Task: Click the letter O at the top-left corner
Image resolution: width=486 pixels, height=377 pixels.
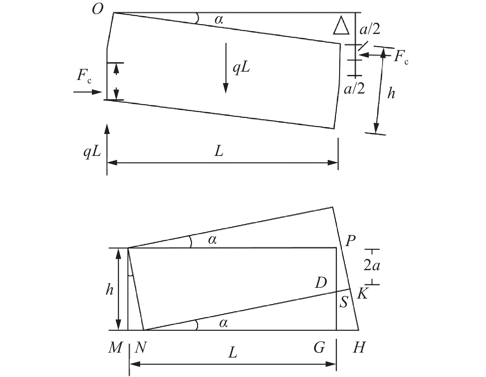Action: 98,10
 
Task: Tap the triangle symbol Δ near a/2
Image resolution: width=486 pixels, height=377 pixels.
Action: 341,26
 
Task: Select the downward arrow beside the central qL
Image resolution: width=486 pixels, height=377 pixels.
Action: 226,68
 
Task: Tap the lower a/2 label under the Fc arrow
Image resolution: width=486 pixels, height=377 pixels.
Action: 355,89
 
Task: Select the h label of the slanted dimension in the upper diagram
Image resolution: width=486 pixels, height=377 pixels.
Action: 391,93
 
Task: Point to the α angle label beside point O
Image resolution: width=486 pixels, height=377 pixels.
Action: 218,20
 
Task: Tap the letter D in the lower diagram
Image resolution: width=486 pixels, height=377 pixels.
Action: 321,282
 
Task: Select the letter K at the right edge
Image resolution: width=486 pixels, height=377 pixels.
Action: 362,294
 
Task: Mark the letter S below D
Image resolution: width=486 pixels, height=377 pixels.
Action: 343,303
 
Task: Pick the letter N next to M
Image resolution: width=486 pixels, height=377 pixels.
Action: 140,348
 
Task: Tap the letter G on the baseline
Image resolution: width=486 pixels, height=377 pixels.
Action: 319,348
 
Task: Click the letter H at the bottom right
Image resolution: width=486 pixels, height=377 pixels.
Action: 359,348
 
